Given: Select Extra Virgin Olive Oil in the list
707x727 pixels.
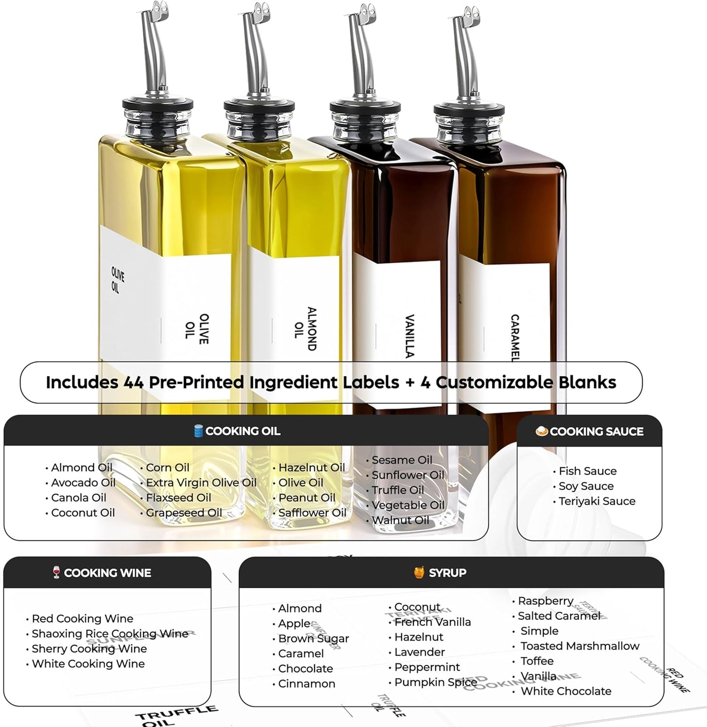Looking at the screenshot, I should tap(201, 483).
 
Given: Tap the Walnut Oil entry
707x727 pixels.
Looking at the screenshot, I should tap(400, 521).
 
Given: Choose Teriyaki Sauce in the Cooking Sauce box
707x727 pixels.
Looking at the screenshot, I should tap(597, 501).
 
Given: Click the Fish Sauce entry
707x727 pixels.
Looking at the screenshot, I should tap(587, 471).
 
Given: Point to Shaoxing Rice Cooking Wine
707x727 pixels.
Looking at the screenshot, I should tap(110, 634).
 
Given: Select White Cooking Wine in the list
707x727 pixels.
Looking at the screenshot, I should tap(88, 664).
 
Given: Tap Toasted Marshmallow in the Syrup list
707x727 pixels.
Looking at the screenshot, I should tap(579, 646).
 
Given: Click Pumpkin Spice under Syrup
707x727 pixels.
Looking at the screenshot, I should tap(435, 682).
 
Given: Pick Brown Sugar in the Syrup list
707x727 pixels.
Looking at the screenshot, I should tap(313, 639).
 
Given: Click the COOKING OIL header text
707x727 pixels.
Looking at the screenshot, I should tap(242, 431).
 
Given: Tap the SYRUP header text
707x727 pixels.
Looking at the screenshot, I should tap(447, 573).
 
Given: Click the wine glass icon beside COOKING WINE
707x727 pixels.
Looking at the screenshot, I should tap(57, 572).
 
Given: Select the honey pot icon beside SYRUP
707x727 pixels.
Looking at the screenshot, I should tap(419, 572).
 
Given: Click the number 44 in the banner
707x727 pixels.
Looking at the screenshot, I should tap(133, 382).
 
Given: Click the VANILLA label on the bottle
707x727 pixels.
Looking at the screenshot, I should tap(410, 336).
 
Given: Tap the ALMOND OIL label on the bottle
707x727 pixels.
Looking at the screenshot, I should tap(305, 329).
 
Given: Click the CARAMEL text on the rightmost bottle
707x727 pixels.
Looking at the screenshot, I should tap(514, 338).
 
